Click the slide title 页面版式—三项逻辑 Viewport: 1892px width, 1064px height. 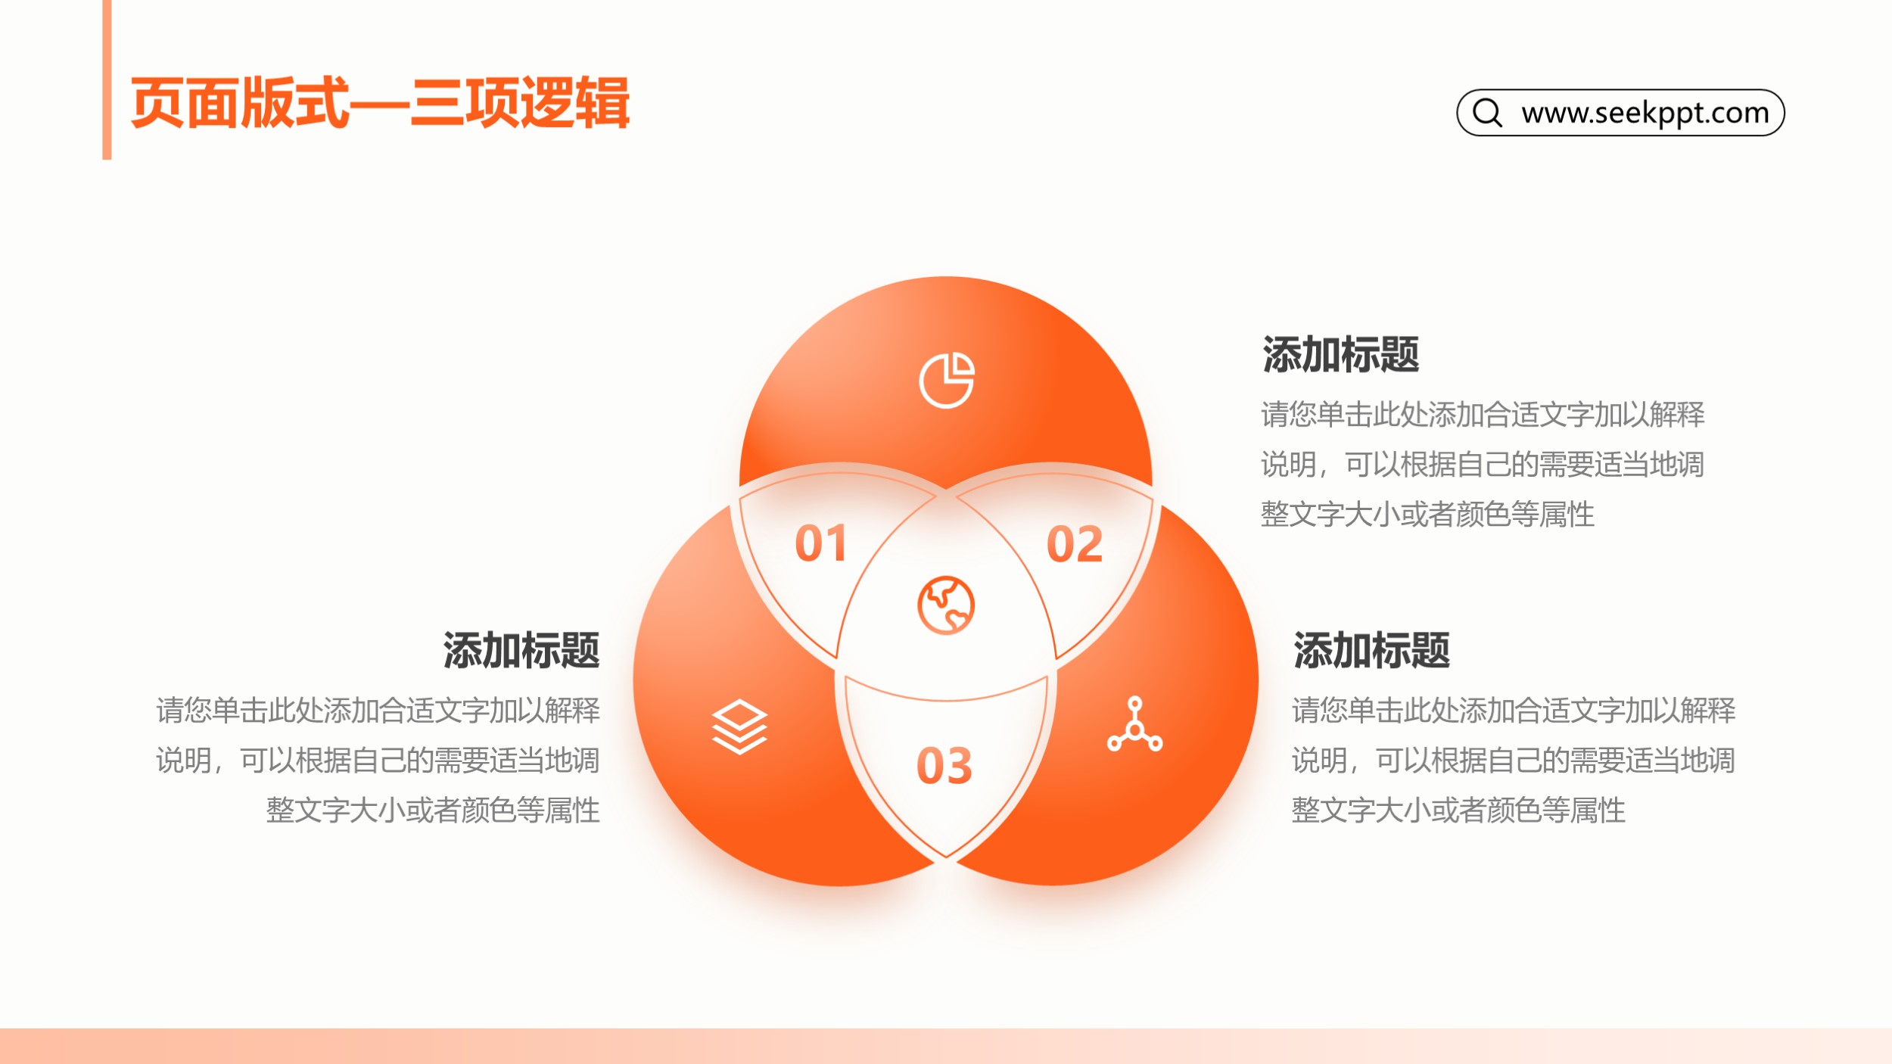[x=380, y=103]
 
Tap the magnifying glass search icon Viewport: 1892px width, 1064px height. [x=1488, y=112]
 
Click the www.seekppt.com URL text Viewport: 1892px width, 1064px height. [x=1645, y=113]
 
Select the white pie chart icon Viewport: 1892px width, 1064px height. [x=947, y=380]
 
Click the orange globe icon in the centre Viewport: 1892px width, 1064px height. [x=946, y=605]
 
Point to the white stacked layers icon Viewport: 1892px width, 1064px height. [x=739, y=727]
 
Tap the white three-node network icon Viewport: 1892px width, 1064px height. [x=1134, y=724]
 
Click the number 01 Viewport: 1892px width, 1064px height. [x=820, y=543]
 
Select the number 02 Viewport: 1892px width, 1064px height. [x=1075, y=544]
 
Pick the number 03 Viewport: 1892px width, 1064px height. [x=944, y=766]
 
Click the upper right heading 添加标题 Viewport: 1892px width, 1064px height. [x=1340, y=354]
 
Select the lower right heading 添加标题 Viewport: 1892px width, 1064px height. [x=1371, y=650]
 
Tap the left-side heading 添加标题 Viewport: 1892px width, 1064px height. [x=521, y=650]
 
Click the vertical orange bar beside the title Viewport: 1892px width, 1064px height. [x=107, y=79]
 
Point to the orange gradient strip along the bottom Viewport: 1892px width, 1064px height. [x=946, y=1046]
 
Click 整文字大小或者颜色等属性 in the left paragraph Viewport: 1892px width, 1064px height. [x=433, y=810]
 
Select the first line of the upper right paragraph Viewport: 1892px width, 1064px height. [x=1483, y=415]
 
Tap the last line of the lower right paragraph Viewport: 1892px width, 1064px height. [x=1458, y=810]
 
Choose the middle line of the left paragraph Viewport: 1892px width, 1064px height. [x=378, y=761]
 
